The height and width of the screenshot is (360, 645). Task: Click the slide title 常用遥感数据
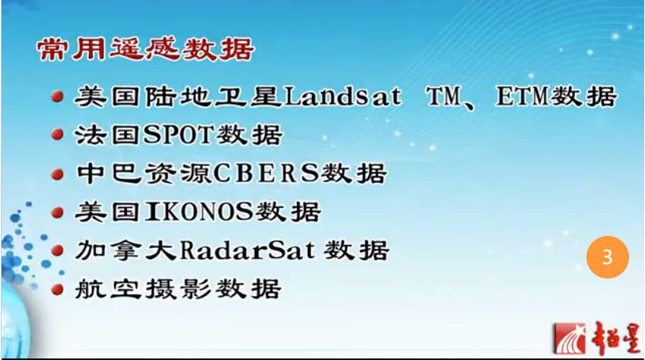click(145, 51)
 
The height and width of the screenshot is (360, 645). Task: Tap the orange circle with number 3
click(608, 258)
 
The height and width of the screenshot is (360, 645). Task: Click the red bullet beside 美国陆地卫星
click(57, 98)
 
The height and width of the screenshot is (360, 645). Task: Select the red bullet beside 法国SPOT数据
click(57, 136)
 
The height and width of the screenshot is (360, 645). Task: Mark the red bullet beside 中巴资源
click(57, 174)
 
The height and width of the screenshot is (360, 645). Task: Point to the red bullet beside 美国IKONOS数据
click(57, 212)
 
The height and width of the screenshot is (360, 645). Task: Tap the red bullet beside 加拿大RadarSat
click(57, 250)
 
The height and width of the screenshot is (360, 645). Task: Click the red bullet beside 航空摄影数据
click(57, 288)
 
